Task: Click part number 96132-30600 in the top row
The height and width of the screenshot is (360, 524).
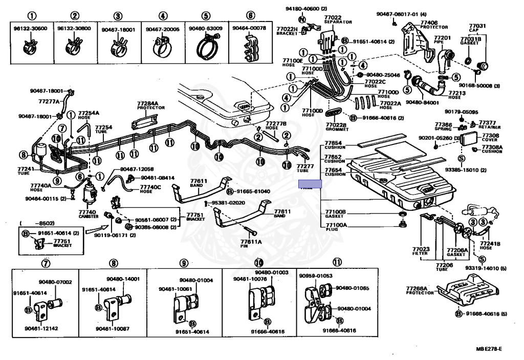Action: coord(31,29)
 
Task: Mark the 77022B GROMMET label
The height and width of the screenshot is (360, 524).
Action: coord(336,126)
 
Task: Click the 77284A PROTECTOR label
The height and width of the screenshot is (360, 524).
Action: coord(147,105)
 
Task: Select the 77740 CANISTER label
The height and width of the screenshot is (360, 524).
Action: coord(88,214)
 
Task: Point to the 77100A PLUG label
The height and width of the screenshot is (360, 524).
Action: coord(336,226)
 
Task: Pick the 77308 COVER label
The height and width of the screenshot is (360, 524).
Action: coord(490,137)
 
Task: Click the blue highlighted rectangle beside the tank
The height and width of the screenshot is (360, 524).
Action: coord(310,184)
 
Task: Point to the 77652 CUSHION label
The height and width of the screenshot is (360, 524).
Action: coord(336,159)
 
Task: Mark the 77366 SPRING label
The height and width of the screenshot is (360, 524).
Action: coord(443,126)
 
